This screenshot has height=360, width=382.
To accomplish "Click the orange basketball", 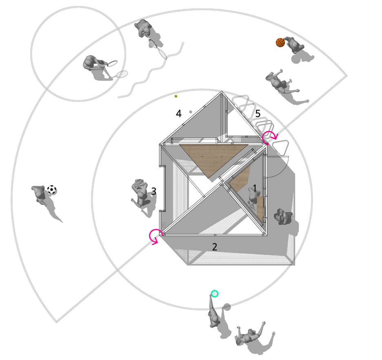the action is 280,42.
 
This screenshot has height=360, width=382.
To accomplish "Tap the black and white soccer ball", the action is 52,190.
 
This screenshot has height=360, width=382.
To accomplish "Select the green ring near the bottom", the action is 214,294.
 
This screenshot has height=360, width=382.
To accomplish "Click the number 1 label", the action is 255,188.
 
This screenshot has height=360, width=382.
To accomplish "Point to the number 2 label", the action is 214,247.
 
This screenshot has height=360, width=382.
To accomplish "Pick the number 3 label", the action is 153,192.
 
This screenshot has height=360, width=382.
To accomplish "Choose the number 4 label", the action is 179,114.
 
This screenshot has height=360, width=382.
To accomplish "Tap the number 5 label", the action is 258,114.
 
